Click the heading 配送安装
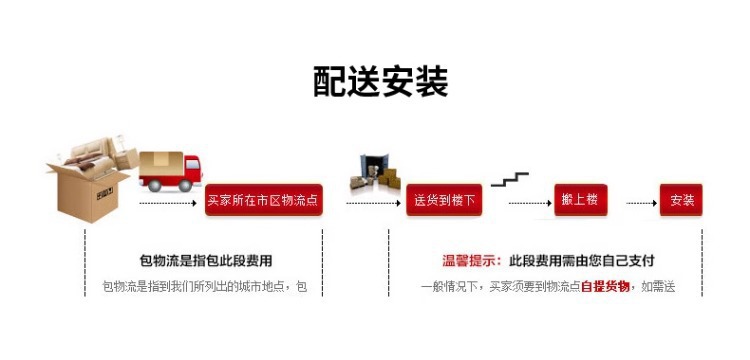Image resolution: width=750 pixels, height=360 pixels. tap(381, 82)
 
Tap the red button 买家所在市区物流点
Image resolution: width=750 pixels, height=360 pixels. tap(264, 200)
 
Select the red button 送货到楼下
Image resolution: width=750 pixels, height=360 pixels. tap(444, 200)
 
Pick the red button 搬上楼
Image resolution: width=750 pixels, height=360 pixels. tap(581, 200)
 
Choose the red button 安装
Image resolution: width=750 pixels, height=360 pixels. tap(681, 200)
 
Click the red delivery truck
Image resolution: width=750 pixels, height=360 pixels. tap(170, 171)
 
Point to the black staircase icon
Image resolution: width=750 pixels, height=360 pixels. tap(509, 179)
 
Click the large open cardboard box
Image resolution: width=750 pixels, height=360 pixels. tap(88, 191)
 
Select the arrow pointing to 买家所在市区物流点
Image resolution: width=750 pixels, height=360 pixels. tap(168, 203)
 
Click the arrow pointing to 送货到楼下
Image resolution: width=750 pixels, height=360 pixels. tap(373, 203)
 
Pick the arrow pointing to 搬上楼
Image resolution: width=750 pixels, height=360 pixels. tap(530, 203)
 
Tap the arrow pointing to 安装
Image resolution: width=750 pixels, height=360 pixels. tap(641, 203)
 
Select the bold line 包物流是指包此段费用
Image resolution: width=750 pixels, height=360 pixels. tap(206, 261)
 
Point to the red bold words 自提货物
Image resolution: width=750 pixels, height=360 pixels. tap(605, 287)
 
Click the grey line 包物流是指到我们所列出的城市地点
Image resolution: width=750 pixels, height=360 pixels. tap(198, 287)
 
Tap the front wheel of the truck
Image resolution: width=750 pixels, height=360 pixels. tap(185, 185)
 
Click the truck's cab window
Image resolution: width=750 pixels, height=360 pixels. tap(192, 164)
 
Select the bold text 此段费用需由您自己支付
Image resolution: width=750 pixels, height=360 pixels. tap(582, 261)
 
